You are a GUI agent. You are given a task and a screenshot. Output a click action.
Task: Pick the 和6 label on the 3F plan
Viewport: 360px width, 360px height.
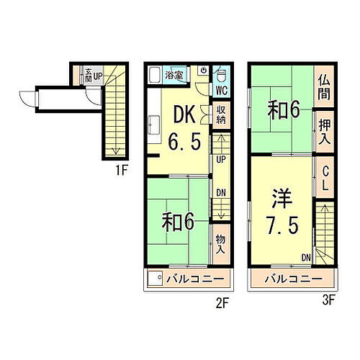coord(284,111)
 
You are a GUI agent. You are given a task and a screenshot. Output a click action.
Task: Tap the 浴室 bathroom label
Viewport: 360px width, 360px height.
coord(173,74)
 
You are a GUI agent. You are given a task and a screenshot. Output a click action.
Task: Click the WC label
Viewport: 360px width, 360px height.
coord(222,91)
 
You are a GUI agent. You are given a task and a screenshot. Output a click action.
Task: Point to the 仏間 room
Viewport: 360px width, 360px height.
coord(324,87)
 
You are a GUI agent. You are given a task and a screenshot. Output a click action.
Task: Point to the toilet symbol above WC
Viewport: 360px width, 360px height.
coord(222,75)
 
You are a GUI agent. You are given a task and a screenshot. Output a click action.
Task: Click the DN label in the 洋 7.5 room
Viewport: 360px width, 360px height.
coord(306,257)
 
